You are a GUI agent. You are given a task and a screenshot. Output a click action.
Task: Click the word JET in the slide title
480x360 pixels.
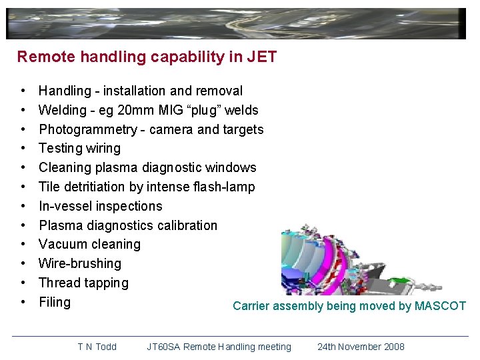(x=261, y=57)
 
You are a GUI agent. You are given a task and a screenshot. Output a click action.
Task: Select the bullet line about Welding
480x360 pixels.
(x=148, y=110)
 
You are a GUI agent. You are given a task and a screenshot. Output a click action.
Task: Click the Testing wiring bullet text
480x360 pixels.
(x=79, y=148)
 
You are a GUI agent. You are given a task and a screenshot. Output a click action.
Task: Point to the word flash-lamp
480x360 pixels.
(x=221, y=187)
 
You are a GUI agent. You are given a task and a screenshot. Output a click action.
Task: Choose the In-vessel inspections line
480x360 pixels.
(x=100, y=206)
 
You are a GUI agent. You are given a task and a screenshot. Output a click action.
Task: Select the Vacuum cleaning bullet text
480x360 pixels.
(x=89, y=244)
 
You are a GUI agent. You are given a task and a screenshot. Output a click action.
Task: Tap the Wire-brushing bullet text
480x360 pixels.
(x=80, y=263)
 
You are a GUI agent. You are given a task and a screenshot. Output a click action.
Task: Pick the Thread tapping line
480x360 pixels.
(x=83, y=283)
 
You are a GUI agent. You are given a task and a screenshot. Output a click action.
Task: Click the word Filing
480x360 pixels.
(x=55, y=302)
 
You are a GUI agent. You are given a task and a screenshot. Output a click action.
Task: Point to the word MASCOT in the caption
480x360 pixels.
(x=440, y=306)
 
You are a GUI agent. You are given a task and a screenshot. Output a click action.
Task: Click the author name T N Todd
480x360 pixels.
(x=97, y=347)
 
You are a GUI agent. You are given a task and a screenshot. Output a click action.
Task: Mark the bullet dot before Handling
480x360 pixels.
(x=23, y=91)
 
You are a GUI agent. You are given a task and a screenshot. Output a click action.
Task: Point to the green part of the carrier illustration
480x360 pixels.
(x=400, y=280)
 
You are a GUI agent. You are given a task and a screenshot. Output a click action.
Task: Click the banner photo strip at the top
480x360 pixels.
(x=236, y=24)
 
